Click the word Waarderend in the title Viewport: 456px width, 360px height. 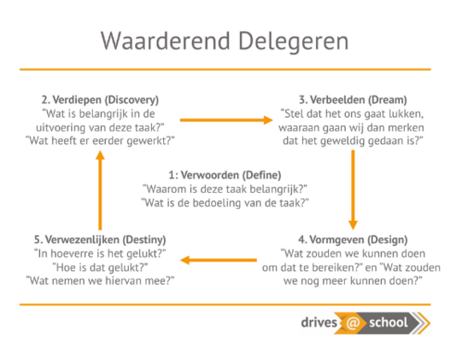tap(166, 41)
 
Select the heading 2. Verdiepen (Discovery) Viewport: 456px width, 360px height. tap(100, 100)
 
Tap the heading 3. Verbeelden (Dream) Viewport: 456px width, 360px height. tap(353, 100)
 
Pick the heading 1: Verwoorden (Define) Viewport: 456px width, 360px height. tap(225, 175)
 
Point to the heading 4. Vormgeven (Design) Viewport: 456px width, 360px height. tap(353, 240)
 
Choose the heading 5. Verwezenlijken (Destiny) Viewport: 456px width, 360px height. tap(100, 240)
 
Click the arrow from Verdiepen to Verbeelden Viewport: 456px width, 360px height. tap(226, 120)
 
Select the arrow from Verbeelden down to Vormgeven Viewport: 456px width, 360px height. tap(353, 189)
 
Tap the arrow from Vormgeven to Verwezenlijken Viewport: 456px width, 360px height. tap(219, 260)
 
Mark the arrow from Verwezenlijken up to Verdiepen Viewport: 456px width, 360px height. tap(100, 190)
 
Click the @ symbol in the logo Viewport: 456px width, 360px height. tap(353, 322)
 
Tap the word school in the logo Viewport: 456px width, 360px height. tap(389, 322)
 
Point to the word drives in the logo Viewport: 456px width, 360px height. tap(319, 322)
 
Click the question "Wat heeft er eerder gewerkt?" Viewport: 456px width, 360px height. tap(100, 141)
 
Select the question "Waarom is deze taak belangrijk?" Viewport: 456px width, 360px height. tap(225, 189)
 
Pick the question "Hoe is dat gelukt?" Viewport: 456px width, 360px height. tap(100, 267)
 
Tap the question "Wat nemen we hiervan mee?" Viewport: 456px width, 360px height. tap(100, 281)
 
